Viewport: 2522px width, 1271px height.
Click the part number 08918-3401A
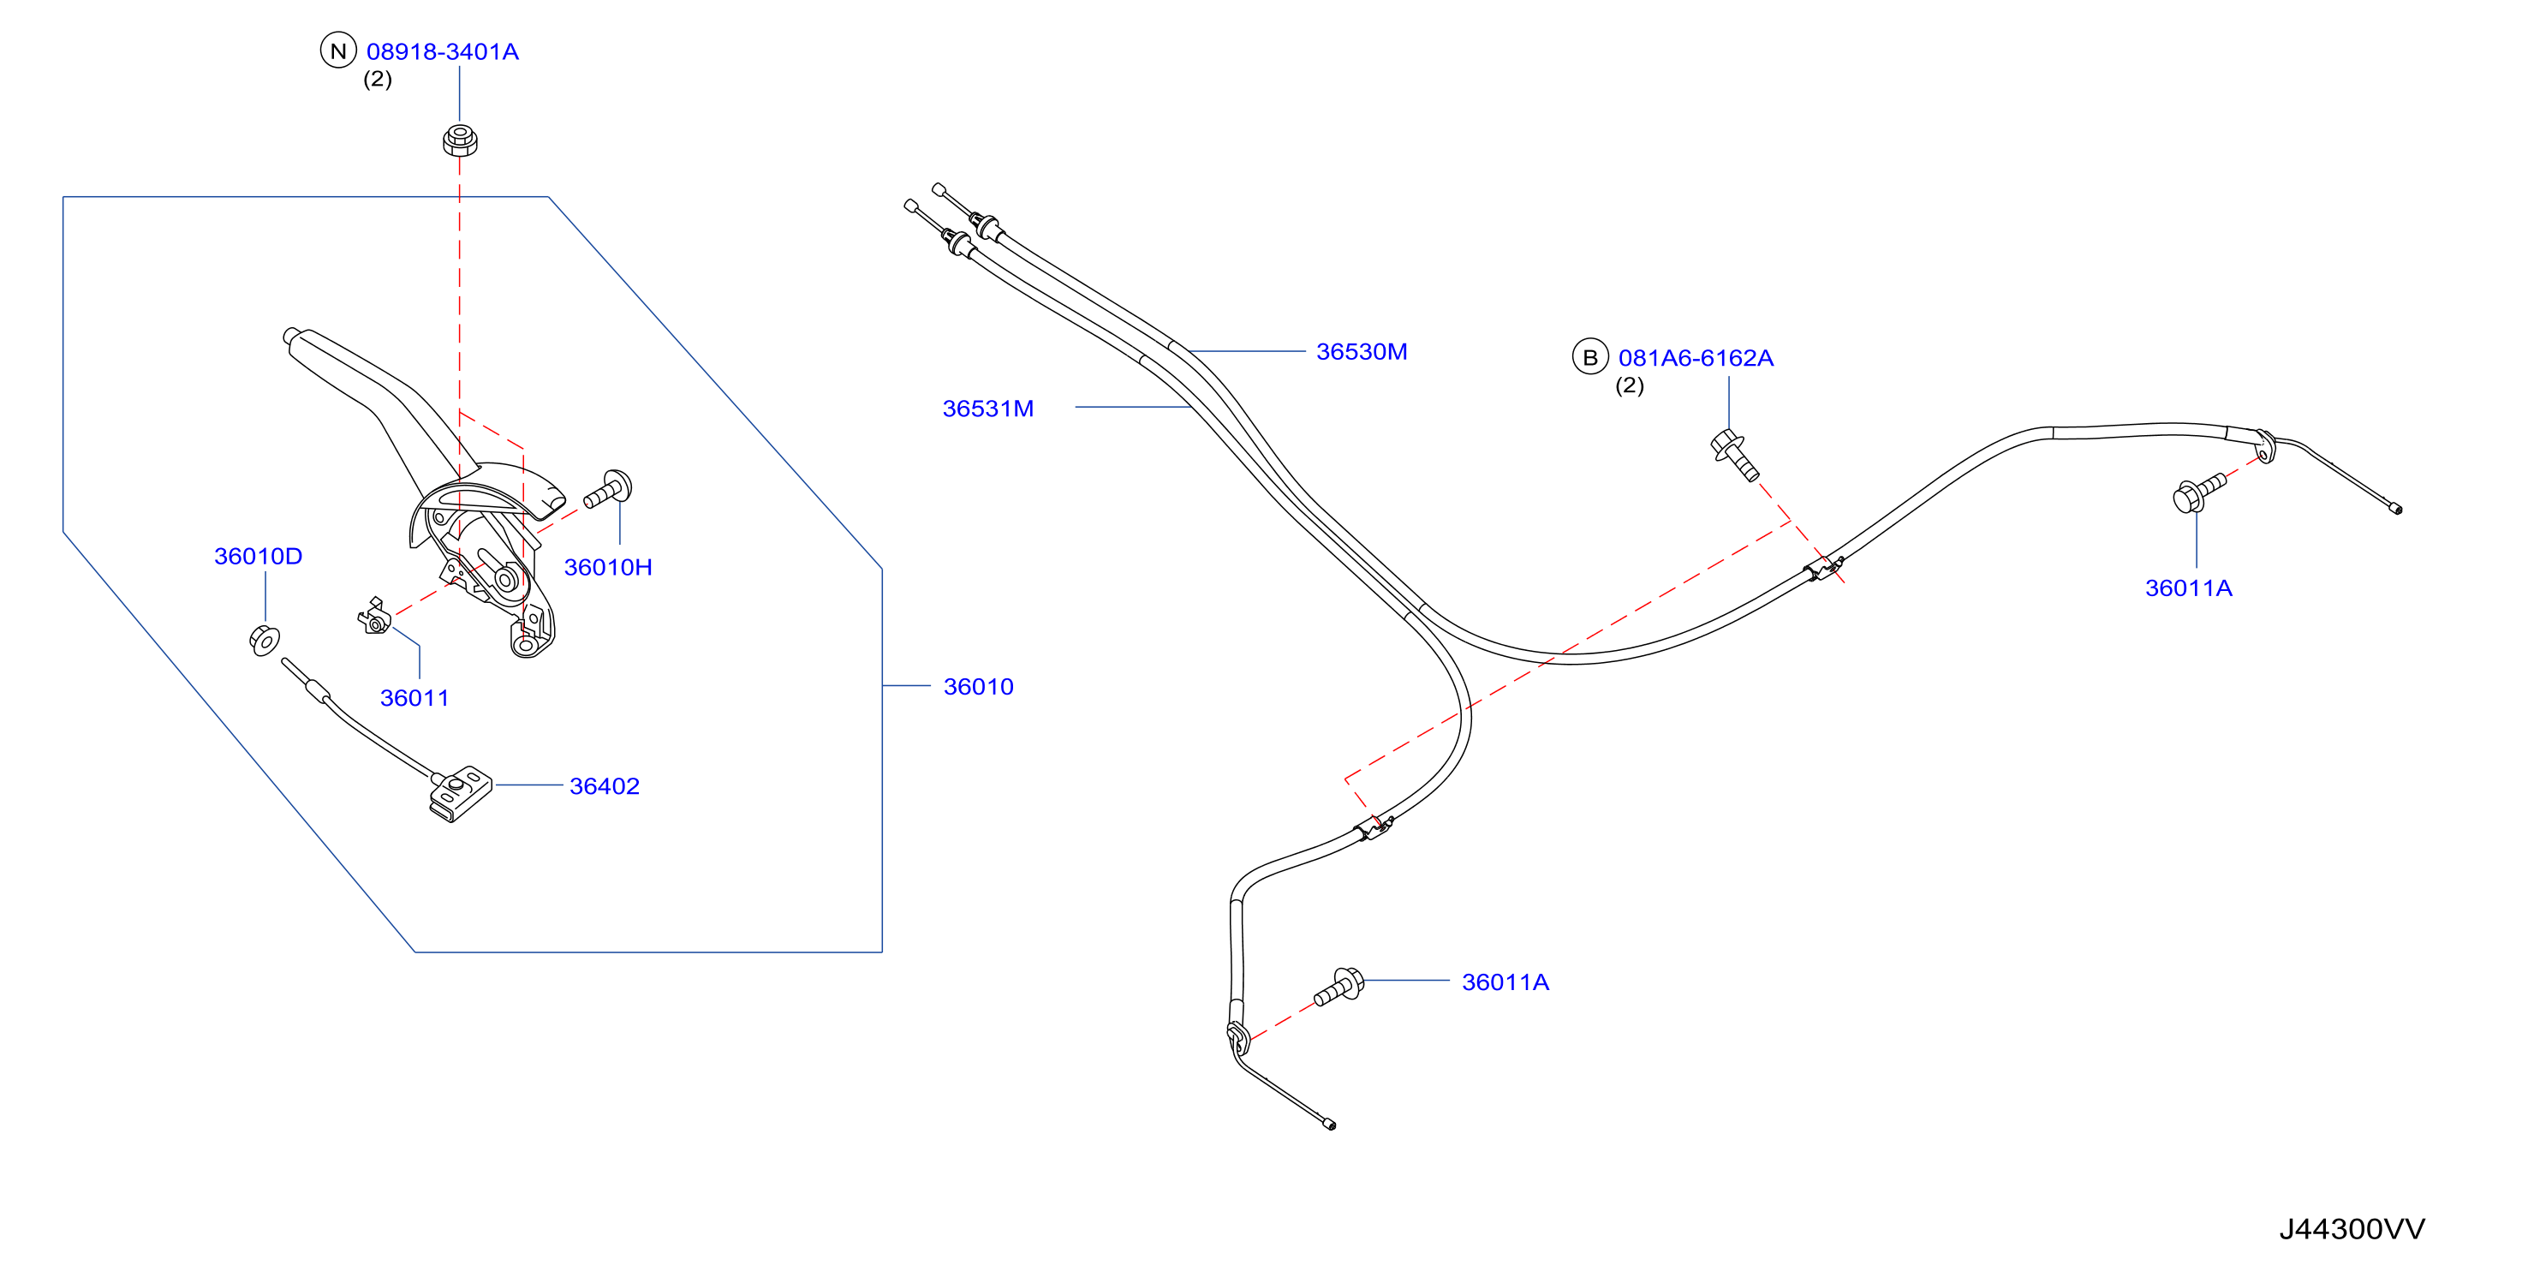click(x=443, y=52)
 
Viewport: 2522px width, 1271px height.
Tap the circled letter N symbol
click(x=339, y=51)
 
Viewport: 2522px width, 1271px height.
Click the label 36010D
click(x=259, y=556)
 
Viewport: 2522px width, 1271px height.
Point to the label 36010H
click(x=608, y=567)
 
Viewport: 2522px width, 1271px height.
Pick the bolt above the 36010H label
click(x=608, y=490)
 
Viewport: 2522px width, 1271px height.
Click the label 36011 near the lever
click(x=414, y=698)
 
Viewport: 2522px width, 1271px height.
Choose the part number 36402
click(x=604, y=786)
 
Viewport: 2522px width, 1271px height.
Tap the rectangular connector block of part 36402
click(x=460, y=793)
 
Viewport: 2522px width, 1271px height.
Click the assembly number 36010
click(x=978, y=686)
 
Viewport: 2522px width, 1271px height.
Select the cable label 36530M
click(x=1362, y=351)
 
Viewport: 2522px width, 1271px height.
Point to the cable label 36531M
click(x=988, y=409)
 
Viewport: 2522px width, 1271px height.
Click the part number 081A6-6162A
click(x=1696, y=358)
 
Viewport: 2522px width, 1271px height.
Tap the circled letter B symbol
click(x=1590, y=357)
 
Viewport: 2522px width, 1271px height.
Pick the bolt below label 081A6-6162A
click(x=1734, y=456)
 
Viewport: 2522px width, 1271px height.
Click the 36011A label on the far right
click(x=2189, y=588)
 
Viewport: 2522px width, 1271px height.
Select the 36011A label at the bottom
click(x=1505, y=982)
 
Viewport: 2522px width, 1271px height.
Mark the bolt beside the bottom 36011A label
click(x=1339, y=986)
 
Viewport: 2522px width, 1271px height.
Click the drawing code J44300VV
click(x=2352, y=1229)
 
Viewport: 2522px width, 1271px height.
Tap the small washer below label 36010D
click(x=265, y=641)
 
